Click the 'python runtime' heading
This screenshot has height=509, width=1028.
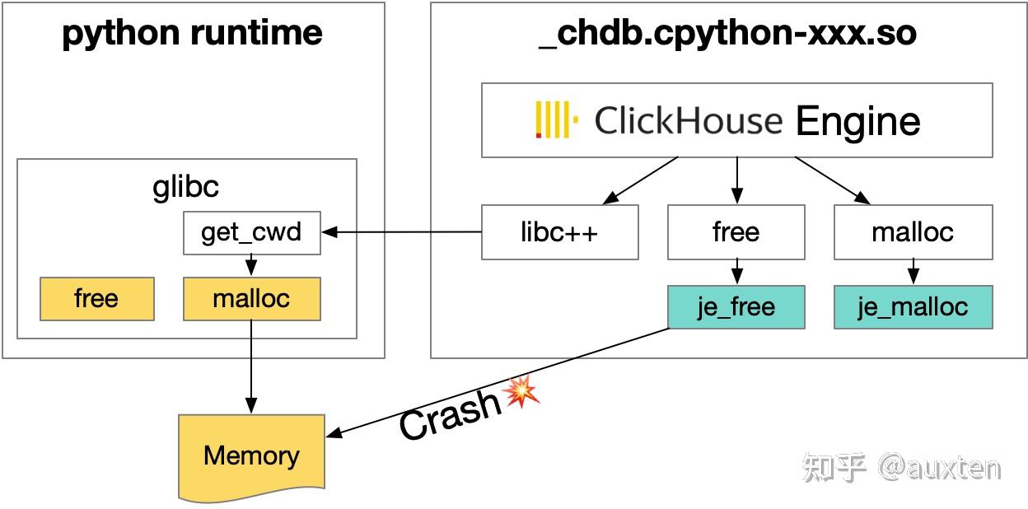192,34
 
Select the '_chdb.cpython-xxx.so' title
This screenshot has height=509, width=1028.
727,34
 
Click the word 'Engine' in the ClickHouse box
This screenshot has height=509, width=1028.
857,121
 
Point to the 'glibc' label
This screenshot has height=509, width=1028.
186,187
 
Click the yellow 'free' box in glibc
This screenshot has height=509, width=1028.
96,298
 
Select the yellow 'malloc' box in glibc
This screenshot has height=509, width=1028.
251,298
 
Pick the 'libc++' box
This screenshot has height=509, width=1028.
559,233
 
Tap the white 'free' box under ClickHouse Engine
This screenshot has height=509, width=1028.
736,233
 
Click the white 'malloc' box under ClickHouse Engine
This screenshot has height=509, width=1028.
913,233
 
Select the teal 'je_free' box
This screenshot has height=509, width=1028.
736,307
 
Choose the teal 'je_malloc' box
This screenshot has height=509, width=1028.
913,307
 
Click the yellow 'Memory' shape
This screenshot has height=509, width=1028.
251,456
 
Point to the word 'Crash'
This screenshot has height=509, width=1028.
450,412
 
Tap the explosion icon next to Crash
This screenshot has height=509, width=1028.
521,391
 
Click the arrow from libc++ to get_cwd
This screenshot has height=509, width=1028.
404,232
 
